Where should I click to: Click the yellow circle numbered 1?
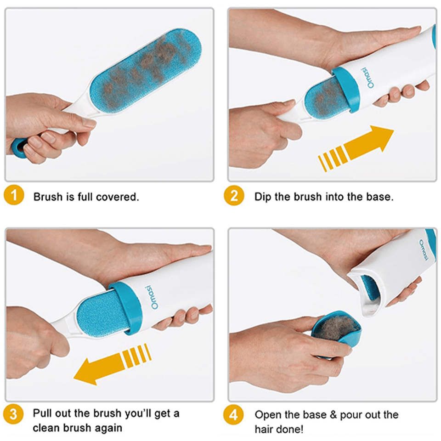point(14,195)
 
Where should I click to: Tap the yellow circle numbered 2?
point(234,195)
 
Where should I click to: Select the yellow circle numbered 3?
point(13,414)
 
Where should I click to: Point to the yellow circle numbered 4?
point(233,415)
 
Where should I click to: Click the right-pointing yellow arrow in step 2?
point(356,148)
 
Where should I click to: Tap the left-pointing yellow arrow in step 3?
point(113,364)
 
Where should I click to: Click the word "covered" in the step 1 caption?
point(118,197)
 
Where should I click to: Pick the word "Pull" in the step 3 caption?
point(42,413)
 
